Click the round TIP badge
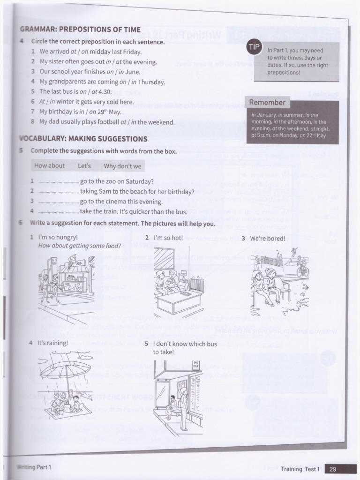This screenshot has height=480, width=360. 254,47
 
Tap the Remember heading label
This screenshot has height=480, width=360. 267,103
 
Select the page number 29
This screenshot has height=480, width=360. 333,468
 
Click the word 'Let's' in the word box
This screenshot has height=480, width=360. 84,166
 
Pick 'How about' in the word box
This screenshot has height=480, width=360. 49,166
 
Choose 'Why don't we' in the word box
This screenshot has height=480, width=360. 122,166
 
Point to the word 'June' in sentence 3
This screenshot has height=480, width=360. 133,72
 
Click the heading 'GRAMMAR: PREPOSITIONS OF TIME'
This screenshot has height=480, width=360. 80,30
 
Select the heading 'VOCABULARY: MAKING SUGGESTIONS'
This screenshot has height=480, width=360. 83,139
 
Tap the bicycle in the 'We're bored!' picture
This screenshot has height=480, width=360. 302,270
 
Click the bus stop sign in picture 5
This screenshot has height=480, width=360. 195,364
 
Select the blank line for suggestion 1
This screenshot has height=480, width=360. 58,182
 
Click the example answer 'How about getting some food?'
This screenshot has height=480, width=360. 79,246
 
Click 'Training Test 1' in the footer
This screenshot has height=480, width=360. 300,468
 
